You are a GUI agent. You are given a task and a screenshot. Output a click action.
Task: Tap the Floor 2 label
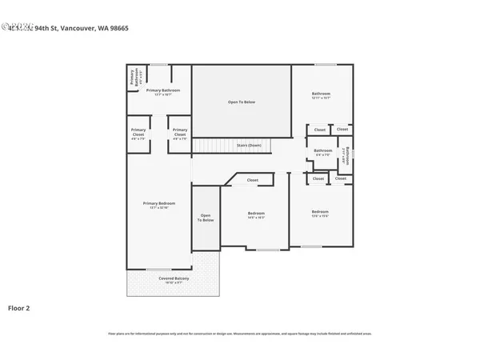pyautogui.click(x=19, y=307)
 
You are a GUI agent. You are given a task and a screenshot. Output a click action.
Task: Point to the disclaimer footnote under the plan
pyautogui.click(x=240, y=333)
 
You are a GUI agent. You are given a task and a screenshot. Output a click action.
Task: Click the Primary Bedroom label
pyautogui.click(x=159, y=205)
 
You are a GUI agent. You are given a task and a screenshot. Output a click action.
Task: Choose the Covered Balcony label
pyautogui.click(x=173, y=280)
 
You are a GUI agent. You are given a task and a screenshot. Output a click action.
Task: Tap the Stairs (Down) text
pyautogui.click(x=249, y=146)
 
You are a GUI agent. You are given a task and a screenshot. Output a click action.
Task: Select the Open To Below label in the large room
pyautogui.click(x=242, y=102)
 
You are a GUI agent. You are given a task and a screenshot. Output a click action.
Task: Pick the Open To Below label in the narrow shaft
pyautogui.click(x=206, y=218)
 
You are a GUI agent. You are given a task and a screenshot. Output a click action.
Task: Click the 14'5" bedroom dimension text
pyautogui.click(x=256, y=218)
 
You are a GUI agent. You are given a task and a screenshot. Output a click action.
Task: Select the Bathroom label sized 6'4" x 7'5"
pyautogui.click(x=323, y=151)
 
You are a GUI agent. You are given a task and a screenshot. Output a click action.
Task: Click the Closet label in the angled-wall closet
pyautogui.click(x=253, y=180)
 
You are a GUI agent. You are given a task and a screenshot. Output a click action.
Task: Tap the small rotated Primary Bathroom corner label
pyautogui.click(x=133, y=77)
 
